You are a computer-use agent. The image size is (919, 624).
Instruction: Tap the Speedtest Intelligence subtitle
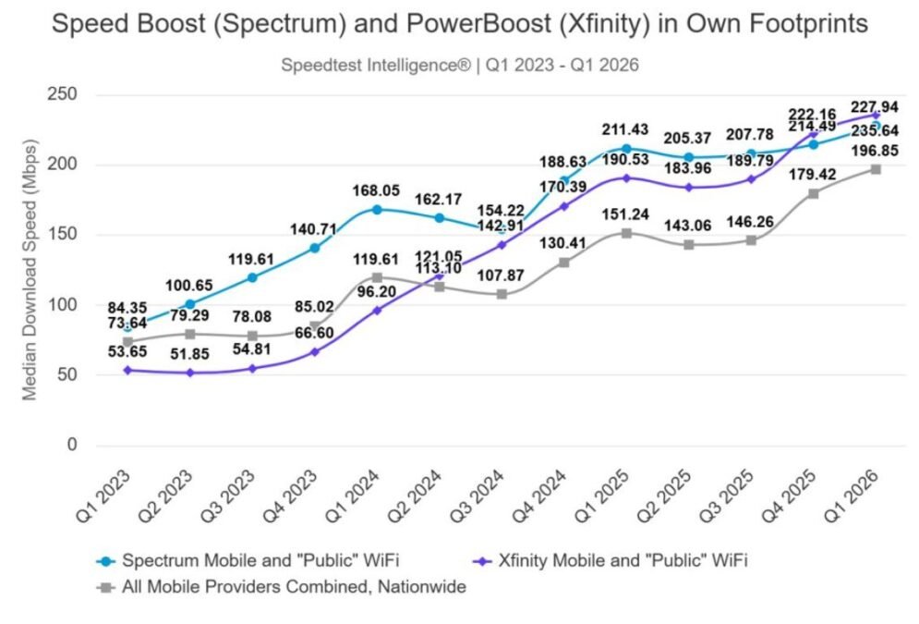[x=459, y=65]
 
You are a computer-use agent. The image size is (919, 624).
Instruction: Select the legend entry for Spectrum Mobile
[x=250, y=560]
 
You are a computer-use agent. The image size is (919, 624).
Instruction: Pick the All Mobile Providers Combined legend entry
[x=282, y=587]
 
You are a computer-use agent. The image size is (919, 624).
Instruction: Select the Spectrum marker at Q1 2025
[x=626, y=149]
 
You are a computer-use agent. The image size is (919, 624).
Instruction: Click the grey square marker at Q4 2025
[x=814, y=193]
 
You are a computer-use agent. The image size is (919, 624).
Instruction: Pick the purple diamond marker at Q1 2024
[x=377, y=311]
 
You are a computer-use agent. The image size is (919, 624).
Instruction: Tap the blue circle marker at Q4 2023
[x=315, y=248]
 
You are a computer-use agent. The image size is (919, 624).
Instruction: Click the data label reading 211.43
[x=626, y=128]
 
